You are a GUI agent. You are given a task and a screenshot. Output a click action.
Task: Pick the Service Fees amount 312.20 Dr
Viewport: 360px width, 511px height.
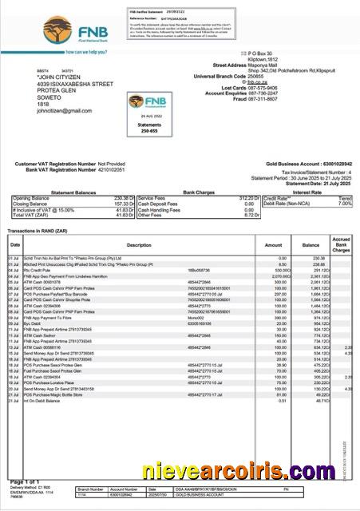(240, 198)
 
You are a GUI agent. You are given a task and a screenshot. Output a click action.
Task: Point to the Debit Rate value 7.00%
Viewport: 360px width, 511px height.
(344, 204)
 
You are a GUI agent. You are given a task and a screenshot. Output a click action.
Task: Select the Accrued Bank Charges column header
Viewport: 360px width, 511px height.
(342, 244)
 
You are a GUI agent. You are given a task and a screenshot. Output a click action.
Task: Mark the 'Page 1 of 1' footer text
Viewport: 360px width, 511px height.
(26, 482)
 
